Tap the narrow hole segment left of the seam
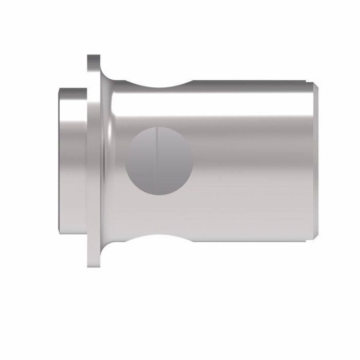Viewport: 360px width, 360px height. pos(140,160)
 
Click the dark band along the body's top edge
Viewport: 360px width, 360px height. pos(252,83)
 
